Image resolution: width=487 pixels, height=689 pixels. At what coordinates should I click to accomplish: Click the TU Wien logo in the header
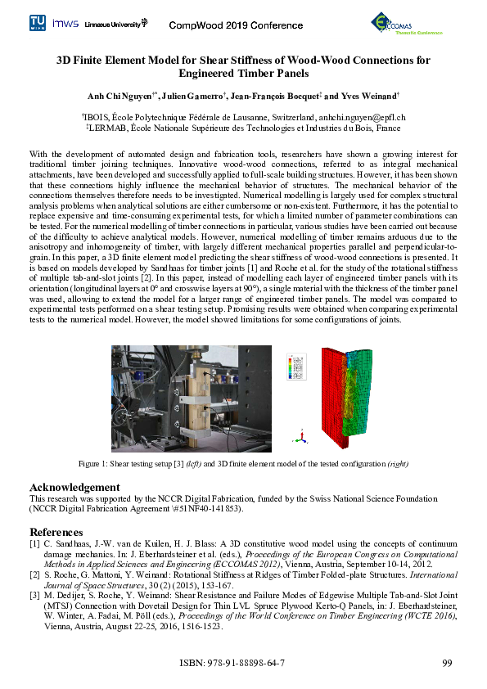38,22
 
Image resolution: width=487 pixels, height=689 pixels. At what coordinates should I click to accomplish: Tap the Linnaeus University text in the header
115,25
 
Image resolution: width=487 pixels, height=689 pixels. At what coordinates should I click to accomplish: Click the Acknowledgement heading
74,487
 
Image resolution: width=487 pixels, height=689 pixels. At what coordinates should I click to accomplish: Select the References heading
60,531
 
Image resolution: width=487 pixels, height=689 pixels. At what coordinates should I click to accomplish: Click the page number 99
447,662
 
